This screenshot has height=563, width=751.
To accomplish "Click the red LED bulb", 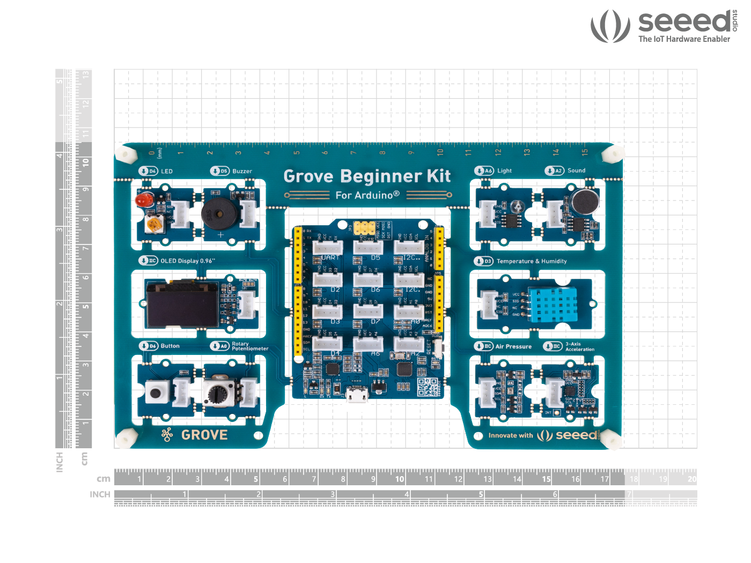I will pos(143,201).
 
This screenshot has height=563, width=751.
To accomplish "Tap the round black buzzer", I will pos(217,213).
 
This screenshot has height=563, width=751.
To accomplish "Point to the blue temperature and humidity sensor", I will pos(553,303).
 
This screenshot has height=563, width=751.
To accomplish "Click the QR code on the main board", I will pos(428,387).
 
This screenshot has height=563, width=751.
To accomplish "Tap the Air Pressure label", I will pos(513,346).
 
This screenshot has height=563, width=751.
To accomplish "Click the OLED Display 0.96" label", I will pos(188,261).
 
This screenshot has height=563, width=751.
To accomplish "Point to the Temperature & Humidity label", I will pos(532,261).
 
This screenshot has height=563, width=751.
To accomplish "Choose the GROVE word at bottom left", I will pos(204,435).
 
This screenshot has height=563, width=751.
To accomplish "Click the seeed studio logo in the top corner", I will pos(664,26).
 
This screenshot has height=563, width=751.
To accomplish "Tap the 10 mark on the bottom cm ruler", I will pos(400,479).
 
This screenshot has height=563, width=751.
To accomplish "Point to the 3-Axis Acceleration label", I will pos(580,346).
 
